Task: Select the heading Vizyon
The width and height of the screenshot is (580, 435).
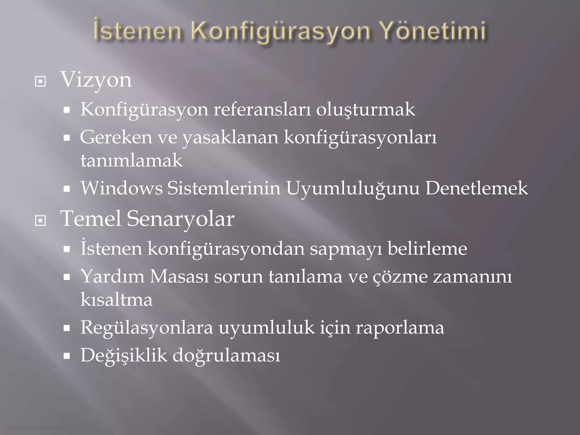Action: pos(96,80)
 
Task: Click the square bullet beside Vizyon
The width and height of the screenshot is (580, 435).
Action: pos(40,82)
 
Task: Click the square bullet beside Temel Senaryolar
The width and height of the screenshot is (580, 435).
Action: pos(40,221)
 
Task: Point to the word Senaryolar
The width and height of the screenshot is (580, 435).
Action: pos(180,219)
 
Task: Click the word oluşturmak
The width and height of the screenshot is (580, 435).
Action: pos(365,110)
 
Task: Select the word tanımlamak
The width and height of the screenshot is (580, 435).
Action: pos(131,161)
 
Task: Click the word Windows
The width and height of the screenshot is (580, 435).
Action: pos(122,188)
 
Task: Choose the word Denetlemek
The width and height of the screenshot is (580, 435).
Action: pos(476,188)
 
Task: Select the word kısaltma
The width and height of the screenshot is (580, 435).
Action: pos(116,300)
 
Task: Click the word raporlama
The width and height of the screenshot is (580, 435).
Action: pos(400,328)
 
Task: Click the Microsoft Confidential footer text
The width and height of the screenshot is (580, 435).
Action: pos(33,427)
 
